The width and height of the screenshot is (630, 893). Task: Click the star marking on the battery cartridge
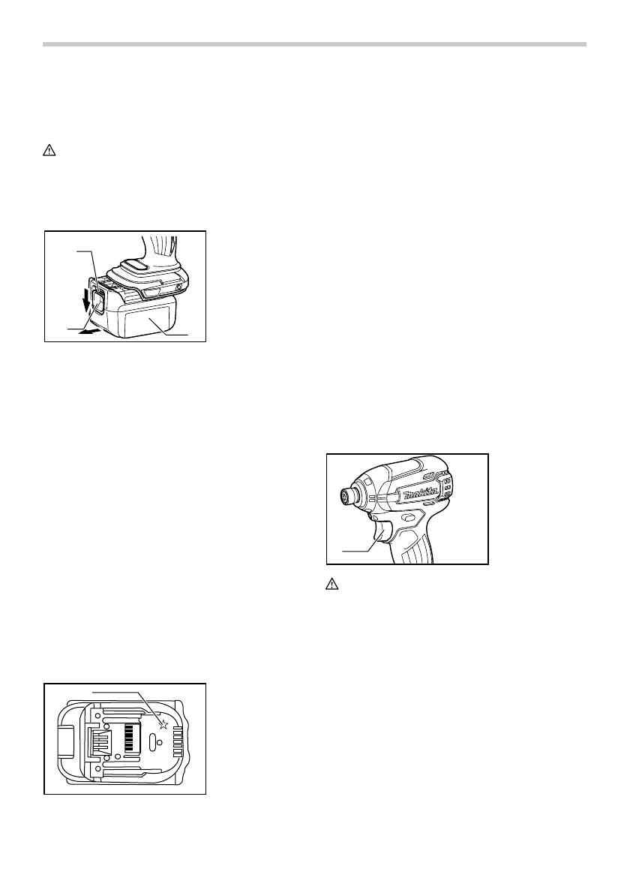point(163,725)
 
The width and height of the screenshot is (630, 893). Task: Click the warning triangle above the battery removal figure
point(46,150)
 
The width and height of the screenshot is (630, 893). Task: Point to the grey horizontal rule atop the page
point(314,44)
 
